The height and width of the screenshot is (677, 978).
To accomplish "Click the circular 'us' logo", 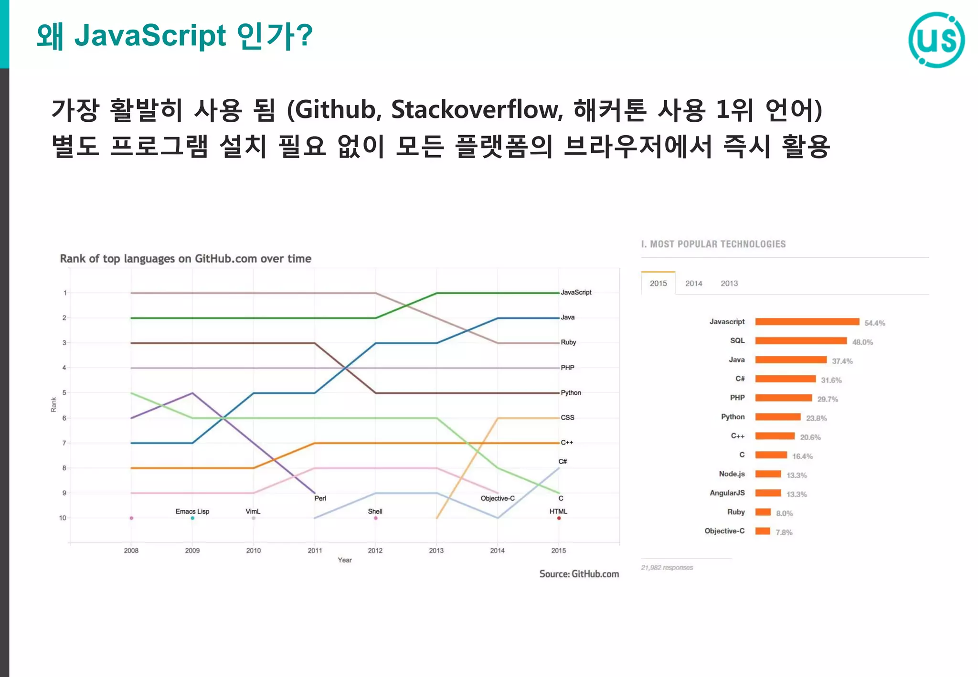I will click(936, 40).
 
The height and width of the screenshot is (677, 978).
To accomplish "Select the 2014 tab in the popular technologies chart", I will click(693, 284).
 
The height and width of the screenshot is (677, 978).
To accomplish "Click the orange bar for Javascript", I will click(807, 322).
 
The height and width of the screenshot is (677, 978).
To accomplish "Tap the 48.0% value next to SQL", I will click(862, 342).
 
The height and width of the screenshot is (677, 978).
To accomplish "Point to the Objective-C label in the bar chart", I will click(724, 531).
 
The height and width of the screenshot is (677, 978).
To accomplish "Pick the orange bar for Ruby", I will click(763, 512).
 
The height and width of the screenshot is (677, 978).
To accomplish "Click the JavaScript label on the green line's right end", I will click(576, 292).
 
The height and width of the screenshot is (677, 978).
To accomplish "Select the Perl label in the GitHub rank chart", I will click(320, 498).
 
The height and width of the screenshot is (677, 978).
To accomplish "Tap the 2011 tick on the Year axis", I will click(315, 550).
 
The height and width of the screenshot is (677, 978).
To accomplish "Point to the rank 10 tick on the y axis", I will click(63, 518).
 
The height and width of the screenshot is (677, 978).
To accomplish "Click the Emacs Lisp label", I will click(192, 511).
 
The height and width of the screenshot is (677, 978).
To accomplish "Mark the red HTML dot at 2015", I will click(559, 518).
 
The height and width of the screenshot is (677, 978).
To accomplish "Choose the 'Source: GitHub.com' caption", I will click(579, 574).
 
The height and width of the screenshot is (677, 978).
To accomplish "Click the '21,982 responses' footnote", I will click(667, 568).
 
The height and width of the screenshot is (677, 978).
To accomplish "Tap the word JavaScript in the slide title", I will click(150, 36).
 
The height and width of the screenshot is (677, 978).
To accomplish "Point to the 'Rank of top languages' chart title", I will click(185, 259).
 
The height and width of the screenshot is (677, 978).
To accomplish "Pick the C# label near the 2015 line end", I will click(563, 461).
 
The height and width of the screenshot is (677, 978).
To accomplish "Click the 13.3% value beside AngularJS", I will click(797, 494).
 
